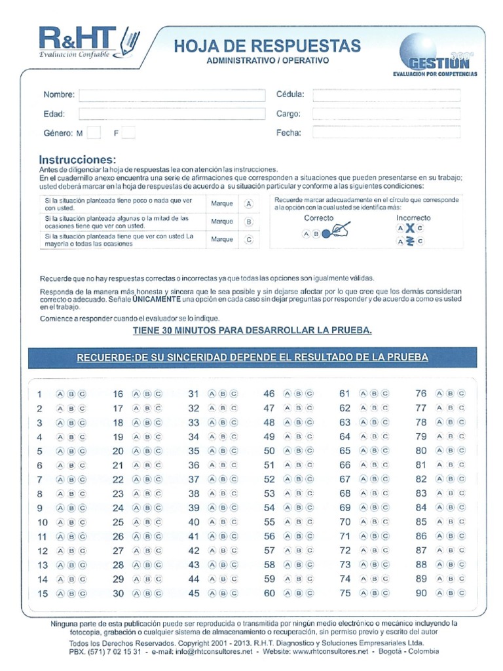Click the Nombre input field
pyautogui.click(x=172, y=95)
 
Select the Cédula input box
pyautogui.click(x=386, y=95)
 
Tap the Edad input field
pyautogui.click(x=172, y=114)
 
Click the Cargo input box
pyautogui.click(x=386, y=114)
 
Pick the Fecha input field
pyautogui.click(x=386, y=133)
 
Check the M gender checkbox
pyautogui.click(x=94, y=133)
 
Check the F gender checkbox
pyautogui.click(x=128, y=133)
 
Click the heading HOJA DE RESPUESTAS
pyautogui.click(x=267, y=46)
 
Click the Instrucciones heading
pyautogui.click(x=77, y=160)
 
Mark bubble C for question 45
pyautogui.click(x=233, y=594)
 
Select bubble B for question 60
pyautogui.click(x=299, y=594)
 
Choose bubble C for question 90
pyautogui.click(x=461, y=594)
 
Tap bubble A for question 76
pyautogui.click(x=440, y=394)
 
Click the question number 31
pyautogui.click(x=193, y=394)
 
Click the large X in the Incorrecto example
pyautogui.click(x=409, y=228)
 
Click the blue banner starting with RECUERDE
pyautogui.click(x=252, y=358)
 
